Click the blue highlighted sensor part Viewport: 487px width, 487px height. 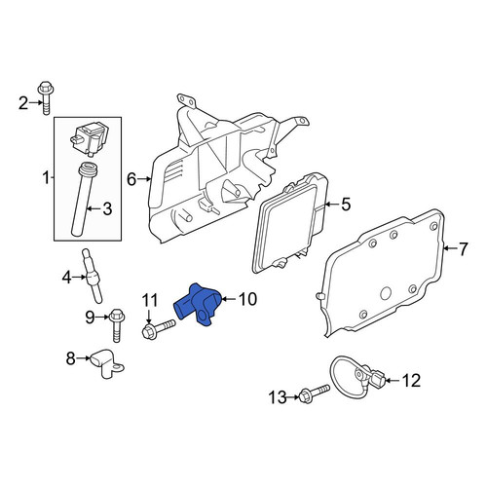(x=199, y=305)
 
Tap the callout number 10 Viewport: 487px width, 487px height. (x=247, y=299)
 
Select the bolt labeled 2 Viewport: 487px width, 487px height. (x=46, y=97)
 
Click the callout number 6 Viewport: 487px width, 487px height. (x=131, y=179)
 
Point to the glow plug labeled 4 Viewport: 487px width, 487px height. (x=93, y=276)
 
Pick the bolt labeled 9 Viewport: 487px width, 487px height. (x=117, y=325)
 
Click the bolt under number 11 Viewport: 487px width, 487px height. (x=159, y=328)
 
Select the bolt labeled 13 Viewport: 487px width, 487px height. (x=314, y=393)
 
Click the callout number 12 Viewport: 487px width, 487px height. (x=411, y=381)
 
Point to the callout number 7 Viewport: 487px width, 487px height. (x=463, y=248)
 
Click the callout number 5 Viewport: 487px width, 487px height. (x=346, y=205)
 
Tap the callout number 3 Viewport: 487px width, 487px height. (x=107, y=208)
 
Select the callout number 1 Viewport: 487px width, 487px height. (x=46, y=177)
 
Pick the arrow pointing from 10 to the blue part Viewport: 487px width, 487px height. (x=229, y=299)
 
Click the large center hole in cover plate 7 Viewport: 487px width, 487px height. (x=386, y=293)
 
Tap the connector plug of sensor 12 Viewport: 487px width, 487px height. (x=379, y=379)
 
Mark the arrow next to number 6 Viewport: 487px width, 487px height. (x=144, y=178)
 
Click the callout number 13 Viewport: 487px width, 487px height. (x=278, y=397)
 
